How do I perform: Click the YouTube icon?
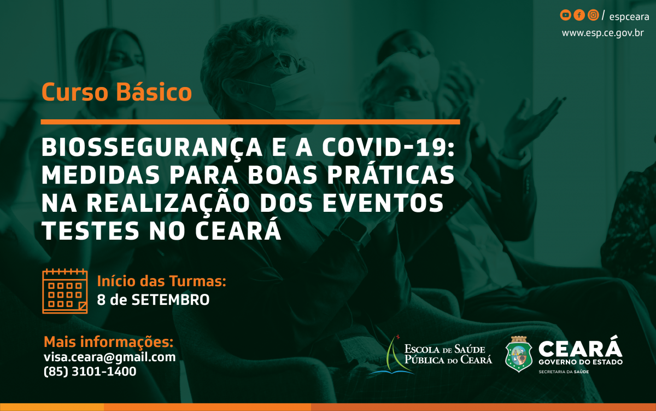click(565, 15)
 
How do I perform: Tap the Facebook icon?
click(579, 15)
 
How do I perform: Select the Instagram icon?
click(593, 15)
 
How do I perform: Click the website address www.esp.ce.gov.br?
click(602, 33)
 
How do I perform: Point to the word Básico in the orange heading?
click(154, 92)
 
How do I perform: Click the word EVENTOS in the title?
click(383, 203)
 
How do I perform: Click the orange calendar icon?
click(65, 291)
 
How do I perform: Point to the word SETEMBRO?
click(171, 300)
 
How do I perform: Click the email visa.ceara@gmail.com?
click(109, 357)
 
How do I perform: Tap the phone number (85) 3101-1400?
click(90, 372)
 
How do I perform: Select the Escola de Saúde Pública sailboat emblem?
click(391, 355)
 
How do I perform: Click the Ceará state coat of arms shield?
click(519, 354)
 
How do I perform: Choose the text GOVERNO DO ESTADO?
click(581, 362)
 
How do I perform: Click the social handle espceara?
click(629, 17)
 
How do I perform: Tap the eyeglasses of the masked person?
click(285, 61)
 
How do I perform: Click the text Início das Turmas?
click(162, 281)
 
